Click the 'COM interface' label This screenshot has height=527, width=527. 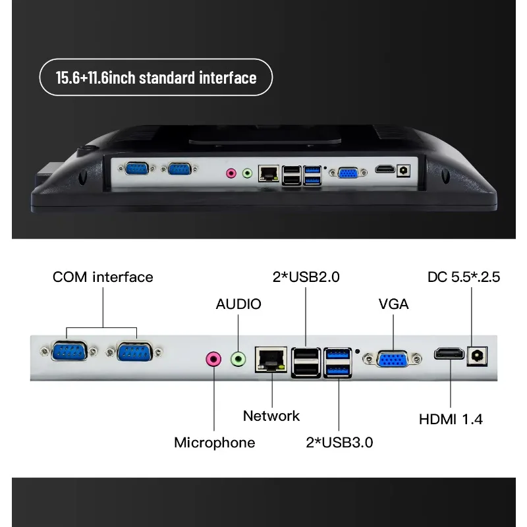coord(103,277)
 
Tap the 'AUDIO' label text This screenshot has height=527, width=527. coord(238,304)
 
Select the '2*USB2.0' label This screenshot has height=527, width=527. coord(306,277)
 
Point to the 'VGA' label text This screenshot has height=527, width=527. coord(393,304)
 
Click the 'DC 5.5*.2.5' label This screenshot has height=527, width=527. coord(464,277)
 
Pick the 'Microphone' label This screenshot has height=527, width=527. coord(215,442)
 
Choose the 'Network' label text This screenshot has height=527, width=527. coord(271,416)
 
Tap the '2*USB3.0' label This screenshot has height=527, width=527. coord(339,442)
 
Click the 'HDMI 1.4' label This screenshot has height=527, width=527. coord(451,419)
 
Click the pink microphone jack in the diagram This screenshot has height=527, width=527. coord(213,359)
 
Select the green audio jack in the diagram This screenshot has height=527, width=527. coord(238,359)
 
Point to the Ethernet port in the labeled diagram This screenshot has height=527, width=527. coord(271,360)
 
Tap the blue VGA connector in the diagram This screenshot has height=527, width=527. coord(393,359)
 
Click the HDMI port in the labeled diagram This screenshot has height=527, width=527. coord(449,354)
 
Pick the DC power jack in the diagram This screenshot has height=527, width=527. coord(477,356)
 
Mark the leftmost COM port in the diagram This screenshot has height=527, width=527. coord(69,351)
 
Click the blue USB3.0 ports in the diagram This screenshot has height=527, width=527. coord(338,363)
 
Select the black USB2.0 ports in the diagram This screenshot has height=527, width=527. coord(306,363)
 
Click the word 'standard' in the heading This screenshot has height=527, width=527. coord(167,78)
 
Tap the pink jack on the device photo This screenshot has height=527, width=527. coord(231,173)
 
